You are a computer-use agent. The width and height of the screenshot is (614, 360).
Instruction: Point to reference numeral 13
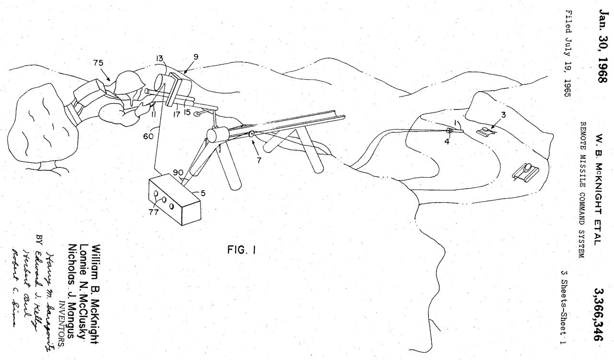pos(160,59)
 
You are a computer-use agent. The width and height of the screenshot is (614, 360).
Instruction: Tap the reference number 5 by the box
pos(203,194)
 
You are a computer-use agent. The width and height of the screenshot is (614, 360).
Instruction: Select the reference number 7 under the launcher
pos(260,160)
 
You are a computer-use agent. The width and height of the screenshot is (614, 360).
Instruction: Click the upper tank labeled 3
pos(487,131)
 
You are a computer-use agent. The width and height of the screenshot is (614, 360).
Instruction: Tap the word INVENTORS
pos(61,317)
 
